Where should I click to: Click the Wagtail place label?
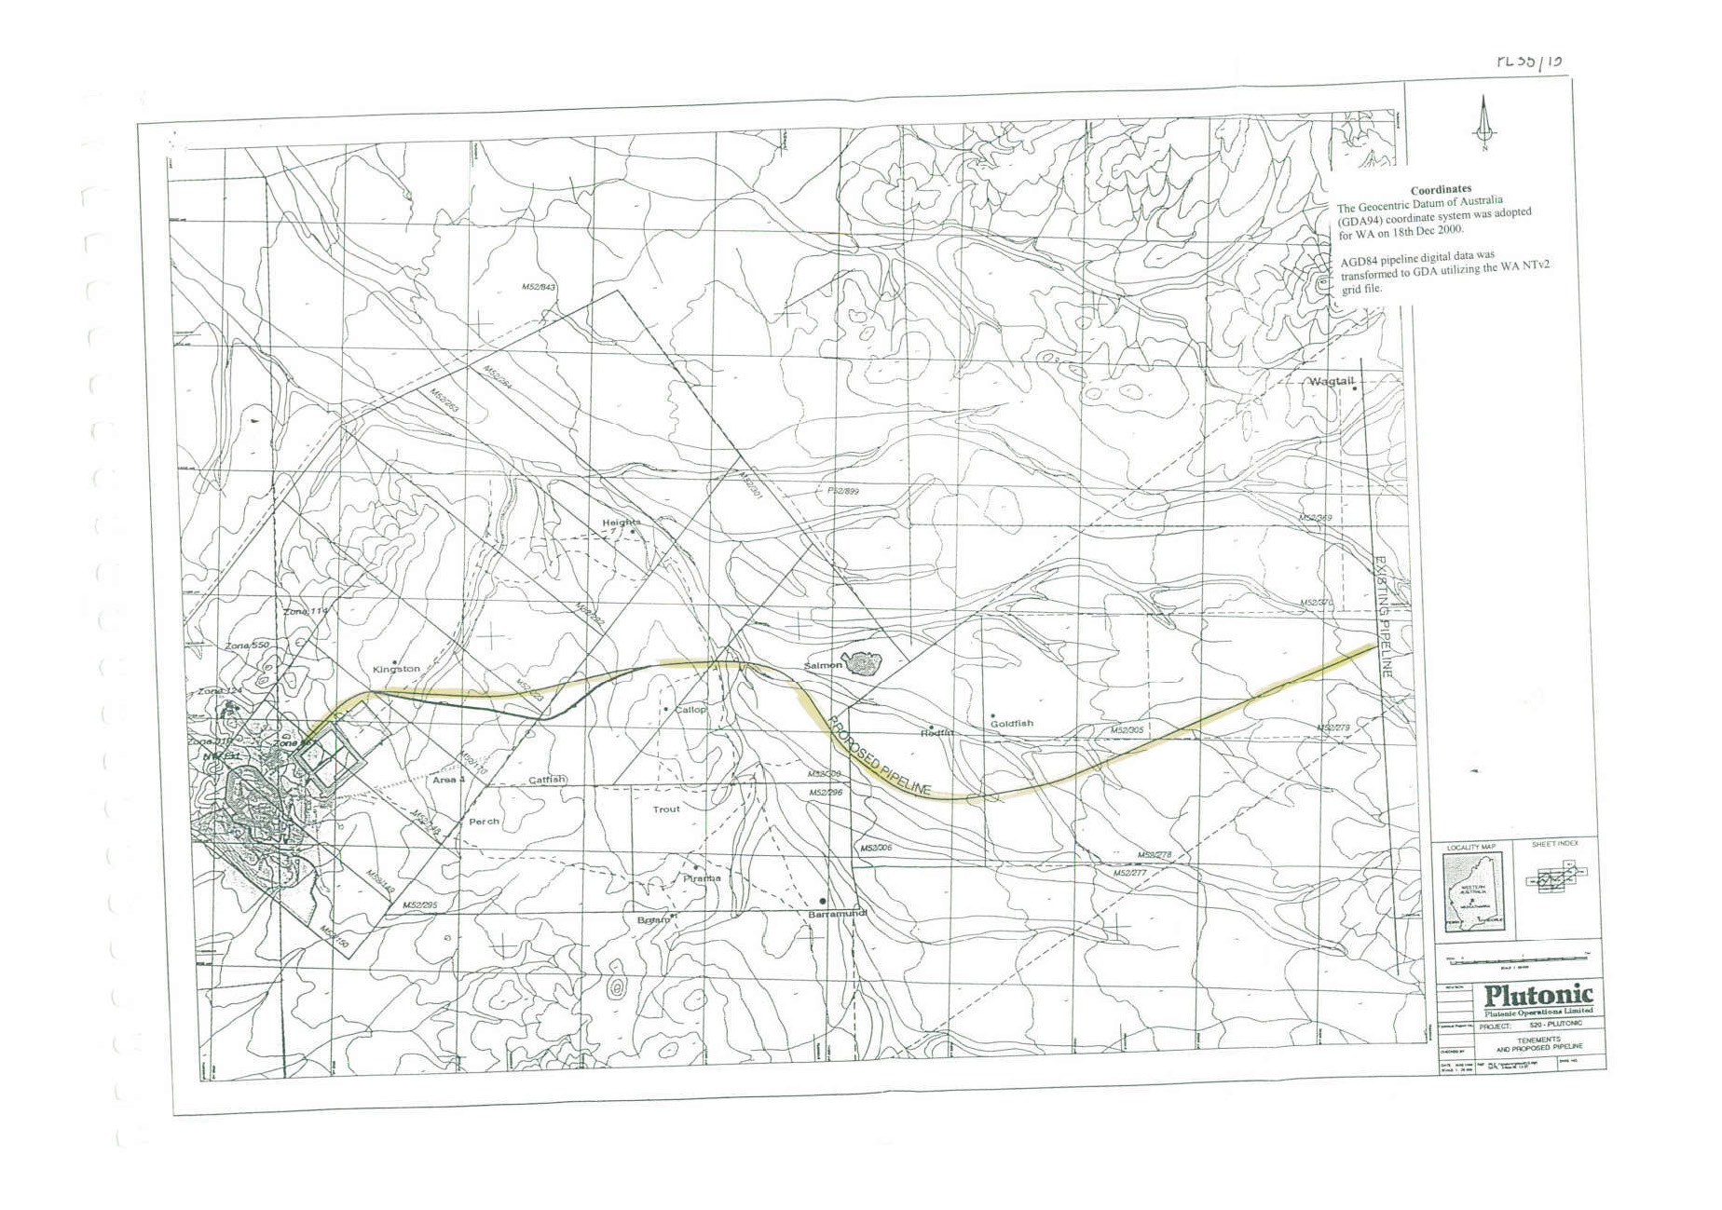pos(1331,382)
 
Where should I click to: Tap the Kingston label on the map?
pos(396,669)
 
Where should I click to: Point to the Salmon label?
pos(823,665)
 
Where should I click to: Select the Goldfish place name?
pos(1011,723)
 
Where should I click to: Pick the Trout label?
pos(665,809)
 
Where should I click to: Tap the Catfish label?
pos(547,780)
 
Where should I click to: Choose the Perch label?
pos(484,822)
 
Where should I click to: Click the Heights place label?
pos(621,523)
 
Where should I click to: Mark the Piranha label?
pos(702,878)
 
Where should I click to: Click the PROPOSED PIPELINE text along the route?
pos(877,755)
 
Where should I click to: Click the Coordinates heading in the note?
pos(1441,190)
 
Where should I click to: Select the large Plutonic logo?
pos(1537,995)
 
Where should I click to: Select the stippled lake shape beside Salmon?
pos(863,663)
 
